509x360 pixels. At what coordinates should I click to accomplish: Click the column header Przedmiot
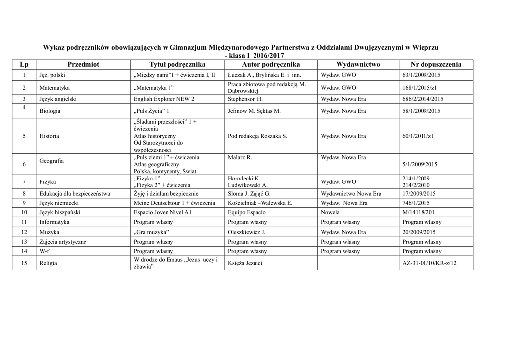pyautogui.click(x=83, y=65)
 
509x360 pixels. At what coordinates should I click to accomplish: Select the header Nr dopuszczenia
pyautogui.click(x=435, y=65)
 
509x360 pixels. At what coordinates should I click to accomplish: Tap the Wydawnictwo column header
pyautogui.click(x=358, y=65)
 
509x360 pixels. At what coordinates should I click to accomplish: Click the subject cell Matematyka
pyautogui.click(x=55, y=88)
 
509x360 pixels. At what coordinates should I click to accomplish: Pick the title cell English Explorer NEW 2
pyautogui.click(x=164, y=99)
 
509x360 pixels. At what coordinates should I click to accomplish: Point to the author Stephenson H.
pyautogui.click(x=245, y=99)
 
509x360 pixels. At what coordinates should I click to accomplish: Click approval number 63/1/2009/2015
pyautogui.click(x=422, y=75)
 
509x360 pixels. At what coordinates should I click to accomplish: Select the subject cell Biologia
pyautogui.click(x=51, y=111)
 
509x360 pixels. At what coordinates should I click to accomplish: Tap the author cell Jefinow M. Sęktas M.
pyautogui.click(x=254, y=111)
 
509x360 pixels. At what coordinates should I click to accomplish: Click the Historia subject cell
pyautogui.click(x=49, y=136)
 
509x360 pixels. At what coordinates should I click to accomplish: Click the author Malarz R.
pyautogui.click(x=240, y=157)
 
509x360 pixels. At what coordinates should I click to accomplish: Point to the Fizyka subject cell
pyautogui.click(x=48, y=182)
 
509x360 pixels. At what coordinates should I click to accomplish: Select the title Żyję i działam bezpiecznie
pyautogui.click(x=166, y=194)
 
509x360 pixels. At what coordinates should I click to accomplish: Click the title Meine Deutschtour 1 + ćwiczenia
pyautogui.click(x=174, y=203)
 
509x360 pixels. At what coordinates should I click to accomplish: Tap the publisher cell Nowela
pyautogui.click(x=331, y=213)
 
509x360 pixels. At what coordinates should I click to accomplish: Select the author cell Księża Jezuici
pyautogui.click(x=245, y=263)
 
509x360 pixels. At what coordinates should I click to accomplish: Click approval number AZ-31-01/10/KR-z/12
pyautogui.click(x=429, y=263)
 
